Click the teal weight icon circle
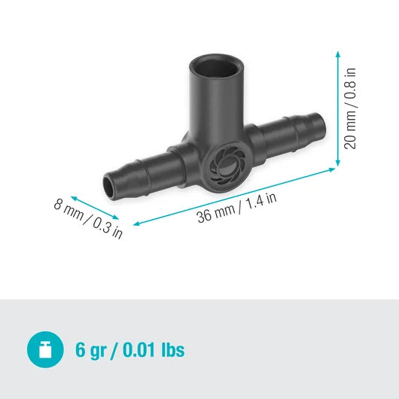pos(44,349)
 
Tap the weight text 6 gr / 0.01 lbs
pos(129,350)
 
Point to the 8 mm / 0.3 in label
pos(88,218)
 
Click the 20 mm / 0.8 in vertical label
pos(350,109)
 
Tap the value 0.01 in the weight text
pos(141,350)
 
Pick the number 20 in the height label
pos(350,141)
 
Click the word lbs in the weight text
pos(171,350)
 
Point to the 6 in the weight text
pos(81,350)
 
